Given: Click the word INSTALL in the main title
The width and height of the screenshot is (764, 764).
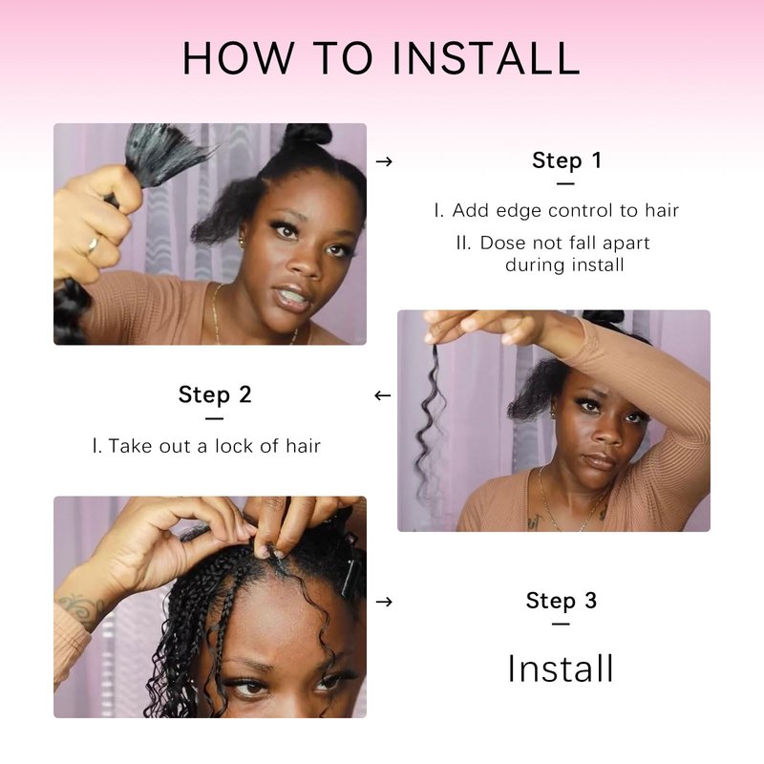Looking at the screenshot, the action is (x=486, y=58).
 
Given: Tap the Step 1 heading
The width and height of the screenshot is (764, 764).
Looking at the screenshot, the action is (x=566, y=160).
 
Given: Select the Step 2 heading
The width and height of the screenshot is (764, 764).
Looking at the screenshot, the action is (x=215, y=394).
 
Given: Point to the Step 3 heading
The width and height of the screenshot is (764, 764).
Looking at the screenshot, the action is (x=562, y=601).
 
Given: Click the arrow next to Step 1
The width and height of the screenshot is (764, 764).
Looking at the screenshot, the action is (x=384, y=161).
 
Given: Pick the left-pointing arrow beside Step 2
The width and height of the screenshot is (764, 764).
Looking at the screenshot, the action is (x=383, y=395).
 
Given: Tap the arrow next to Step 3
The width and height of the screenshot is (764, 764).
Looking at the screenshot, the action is (x=384, y=602).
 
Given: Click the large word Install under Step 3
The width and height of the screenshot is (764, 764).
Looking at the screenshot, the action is (x=561, y=668).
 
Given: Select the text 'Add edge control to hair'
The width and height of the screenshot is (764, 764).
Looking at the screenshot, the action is (x=565, y=210).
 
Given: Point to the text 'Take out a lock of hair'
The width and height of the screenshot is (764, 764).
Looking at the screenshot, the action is (x=214, y=446).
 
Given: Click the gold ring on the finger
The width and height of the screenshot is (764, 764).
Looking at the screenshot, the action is (x=92, y=244).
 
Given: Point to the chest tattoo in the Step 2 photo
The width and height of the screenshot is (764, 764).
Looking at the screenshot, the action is (x=534, y=522).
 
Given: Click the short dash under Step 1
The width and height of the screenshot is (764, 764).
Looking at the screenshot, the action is (x=565, y=183).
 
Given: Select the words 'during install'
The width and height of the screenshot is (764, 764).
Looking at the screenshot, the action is (x=564, y=265).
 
